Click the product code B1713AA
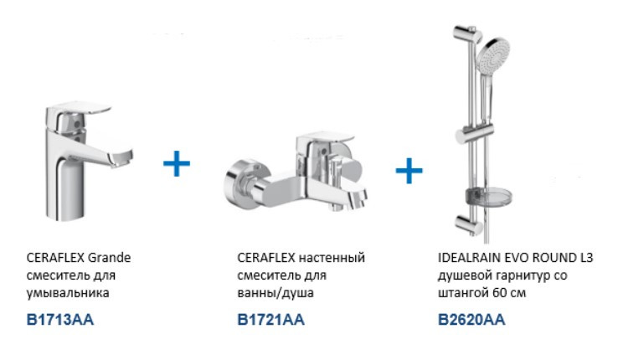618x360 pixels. pos(60,320)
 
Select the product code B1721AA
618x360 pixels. pos(270,320)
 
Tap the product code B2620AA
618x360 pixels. pos(471,320)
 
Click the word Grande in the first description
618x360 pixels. pos(109,258)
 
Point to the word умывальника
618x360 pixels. pos(68,293)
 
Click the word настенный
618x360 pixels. pos(332,258)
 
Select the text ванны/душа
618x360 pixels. pos(276,293)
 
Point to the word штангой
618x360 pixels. pos(464,293)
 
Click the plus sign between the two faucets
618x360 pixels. pos(177,163)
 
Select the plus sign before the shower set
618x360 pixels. pos(409,171)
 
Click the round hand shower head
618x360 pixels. pos(493,55)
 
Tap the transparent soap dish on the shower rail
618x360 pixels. pos(489,197)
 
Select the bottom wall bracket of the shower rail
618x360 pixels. pos(469,224)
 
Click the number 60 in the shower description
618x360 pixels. pos(500,293)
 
